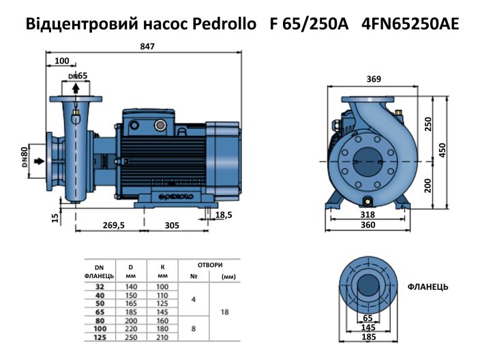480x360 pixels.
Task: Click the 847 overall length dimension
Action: pos(148,46)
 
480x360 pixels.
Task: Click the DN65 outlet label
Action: pos(78,75)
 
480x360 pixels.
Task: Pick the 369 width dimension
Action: pos(372,79)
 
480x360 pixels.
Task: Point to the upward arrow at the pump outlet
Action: pos(75,88)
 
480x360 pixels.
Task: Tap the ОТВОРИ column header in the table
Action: pos(209,265)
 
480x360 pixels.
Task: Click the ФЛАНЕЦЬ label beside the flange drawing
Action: pos(427,287)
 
